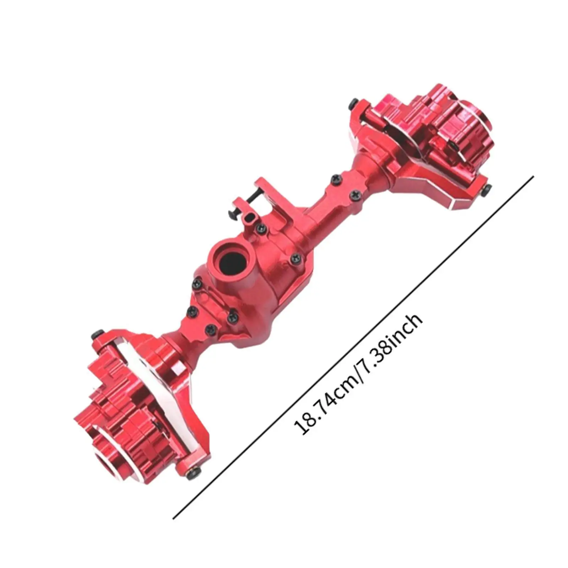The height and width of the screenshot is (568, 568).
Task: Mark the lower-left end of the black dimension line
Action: click(x=173, y=519)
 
